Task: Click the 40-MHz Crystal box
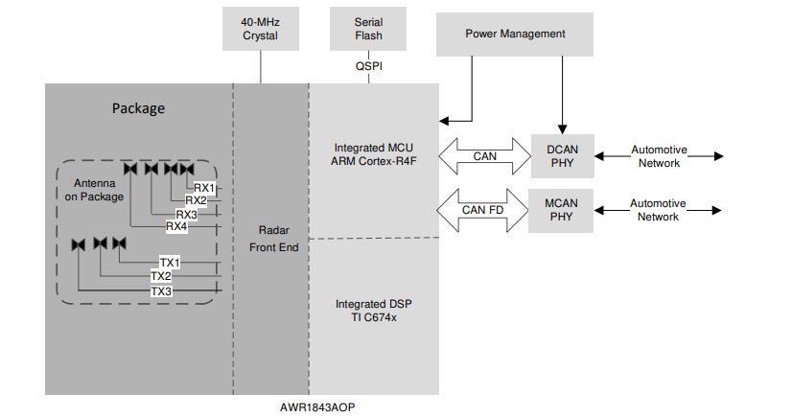point(260,29)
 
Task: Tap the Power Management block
point(515,34)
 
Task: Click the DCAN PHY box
point(562,156)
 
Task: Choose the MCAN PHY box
point(562,210)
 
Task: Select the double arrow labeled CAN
point(484,156)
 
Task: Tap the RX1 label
point(204,188)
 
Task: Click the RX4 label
point(176,226)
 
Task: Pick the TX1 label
point(170,262)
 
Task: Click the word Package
point(139,107)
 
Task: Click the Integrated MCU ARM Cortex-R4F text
point(373,154)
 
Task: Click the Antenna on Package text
point(94,190)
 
